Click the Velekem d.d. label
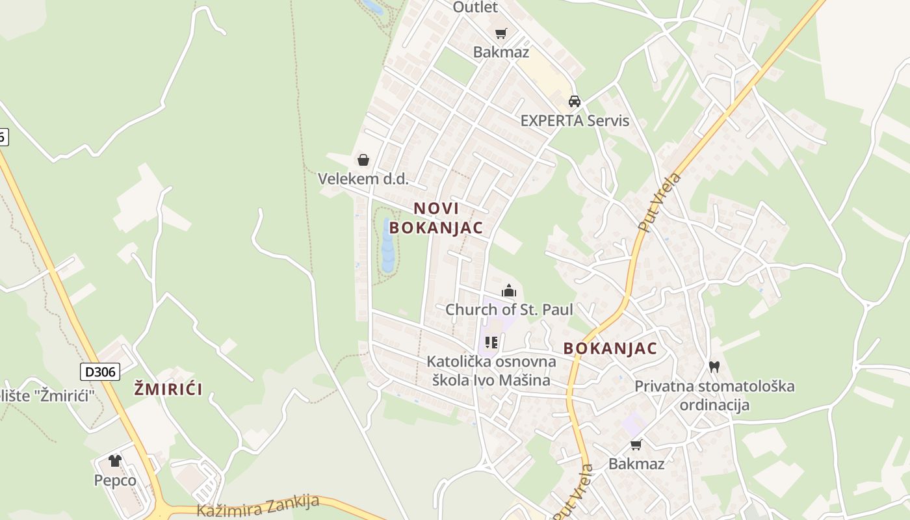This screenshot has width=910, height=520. tap(363, 179)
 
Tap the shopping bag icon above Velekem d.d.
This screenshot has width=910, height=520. tap(363, 160)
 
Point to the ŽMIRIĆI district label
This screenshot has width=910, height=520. tap(168, 389)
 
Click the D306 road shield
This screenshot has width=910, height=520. tap(100, 372)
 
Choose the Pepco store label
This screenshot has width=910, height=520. tap(115, 480)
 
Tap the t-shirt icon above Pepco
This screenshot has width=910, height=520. tap(115, 461)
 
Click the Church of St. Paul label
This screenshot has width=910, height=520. tap(509, 310)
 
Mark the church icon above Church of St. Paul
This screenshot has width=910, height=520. tap(508, 291)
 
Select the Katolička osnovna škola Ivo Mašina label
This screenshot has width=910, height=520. tap(491, 370)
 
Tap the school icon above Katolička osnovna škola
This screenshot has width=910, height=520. tap(491, 342)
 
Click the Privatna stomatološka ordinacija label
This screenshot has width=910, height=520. tap(714, 395)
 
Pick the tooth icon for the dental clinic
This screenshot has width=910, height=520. tap(714, 367)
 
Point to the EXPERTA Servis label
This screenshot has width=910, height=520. tap(575, 120)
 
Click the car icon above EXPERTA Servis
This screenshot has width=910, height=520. tap(575, 101)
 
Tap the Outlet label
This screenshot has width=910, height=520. tap(475, 7)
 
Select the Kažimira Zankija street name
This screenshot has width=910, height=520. tap(258, 505)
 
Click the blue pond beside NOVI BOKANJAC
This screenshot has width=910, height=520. tap(388, 246)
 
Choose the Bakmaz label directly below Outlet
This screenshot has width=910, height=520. tap(501, 52)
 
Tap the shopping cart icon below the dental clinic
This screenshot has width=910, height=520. tap(636, 445)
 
